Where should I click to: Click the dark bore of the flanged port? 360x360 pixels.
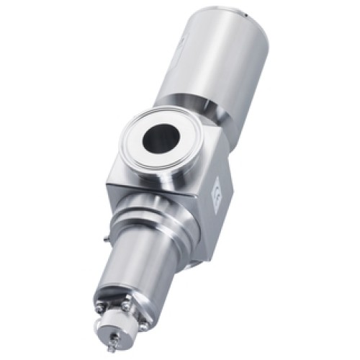click(x=158, y=138)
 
